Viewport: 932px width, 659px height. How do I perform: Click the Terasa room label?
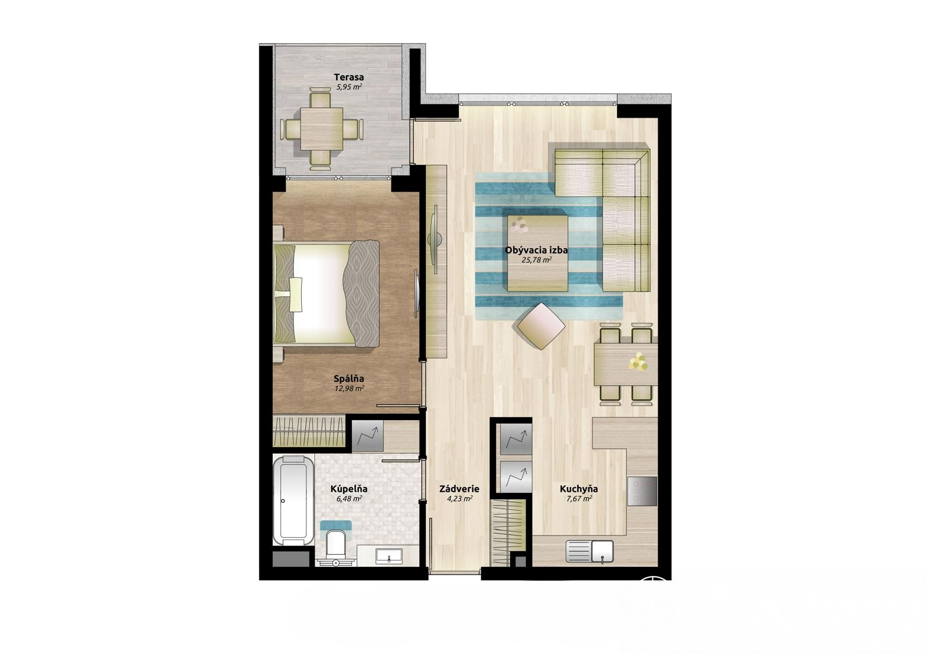click(x=349, y=77)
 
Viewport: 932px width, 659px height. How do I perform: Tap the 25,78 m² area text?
click(x=536, y=260)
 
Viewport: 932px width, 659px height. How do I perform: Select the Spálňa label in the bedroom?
click(x=349, y=379)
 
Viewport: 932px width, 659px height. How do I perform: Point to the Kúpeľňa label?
click(x=349, y=489)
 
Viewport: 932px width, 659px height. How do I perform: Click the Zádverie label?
click(x=460, y=489)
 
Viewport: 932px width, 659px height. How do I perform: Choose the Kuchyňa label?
click(x=579, y=489)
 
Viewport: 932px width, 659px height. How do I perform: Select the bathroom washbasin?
click(x=389, y=555)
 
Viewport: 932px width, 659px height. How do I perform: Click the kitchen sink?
click(x=589, y=551)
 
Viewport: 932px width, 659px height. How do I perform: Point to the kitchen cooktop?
click(x=642, y=491)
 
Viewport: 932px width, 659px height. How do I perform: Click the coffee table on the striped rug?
click(x=538, y=253)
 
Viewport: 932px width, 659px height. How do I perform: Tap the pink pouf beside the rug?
click(x=541, y=326)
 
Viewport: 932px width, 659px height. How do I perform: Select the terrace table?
click(x=322, y=129)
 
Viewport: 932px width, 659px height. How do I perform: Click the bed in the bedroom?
click(x=326, y=294)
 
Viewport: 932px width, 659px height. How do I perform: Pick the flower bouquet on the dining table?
click(x=638, y=361)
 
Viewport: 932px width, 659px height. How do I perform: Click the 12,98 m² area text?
click(x=349, y=389)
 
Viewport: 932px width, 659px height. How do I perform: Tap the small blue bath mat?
click(x=336, y=525)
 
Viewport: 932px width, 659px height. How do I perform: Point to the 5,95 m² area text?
click(x=349, y=87)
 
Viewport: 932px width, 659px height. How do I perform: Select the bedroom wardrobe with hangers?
click(x=309, y=431)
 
